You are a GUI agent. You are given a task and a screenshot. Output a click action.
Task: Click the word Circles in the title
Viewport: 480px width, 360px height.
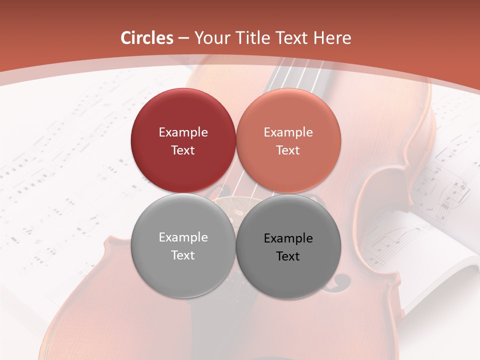coord(147,38)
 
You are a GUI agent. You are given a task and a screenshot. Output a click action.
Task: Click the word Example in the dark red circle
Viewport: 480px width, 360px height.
coord(183,132)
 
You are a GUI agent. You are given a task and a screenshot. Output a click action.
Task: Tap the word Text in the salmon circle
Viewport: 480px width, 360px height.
coord(288,150)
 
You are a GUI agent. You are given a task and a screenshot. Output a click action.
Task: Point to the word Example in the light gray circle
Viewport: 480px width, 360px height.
coord(183,237)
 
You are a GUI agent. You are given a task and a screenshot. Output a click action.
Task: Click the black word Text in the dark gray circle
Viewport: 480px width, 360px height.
coord(288,256)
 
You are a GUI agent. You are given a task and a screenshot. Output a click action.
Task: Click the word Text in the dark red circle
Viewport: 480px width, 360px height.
coord(183,150)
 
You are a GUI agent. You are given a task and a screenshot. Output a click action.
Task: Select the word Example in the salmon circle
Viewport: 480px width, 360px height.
coord(288,132)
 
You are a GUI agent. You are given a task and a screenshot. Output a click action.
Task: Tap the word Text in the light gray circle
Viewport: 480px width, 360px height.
coord(183,255)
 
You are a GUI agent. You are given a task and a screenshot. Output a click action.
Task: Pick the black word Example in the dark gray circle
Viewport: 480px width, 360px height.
coord(288,238)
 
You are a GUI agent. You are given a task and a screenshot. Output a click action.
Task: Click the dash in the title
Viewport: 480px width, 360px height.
coord(183,38)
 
